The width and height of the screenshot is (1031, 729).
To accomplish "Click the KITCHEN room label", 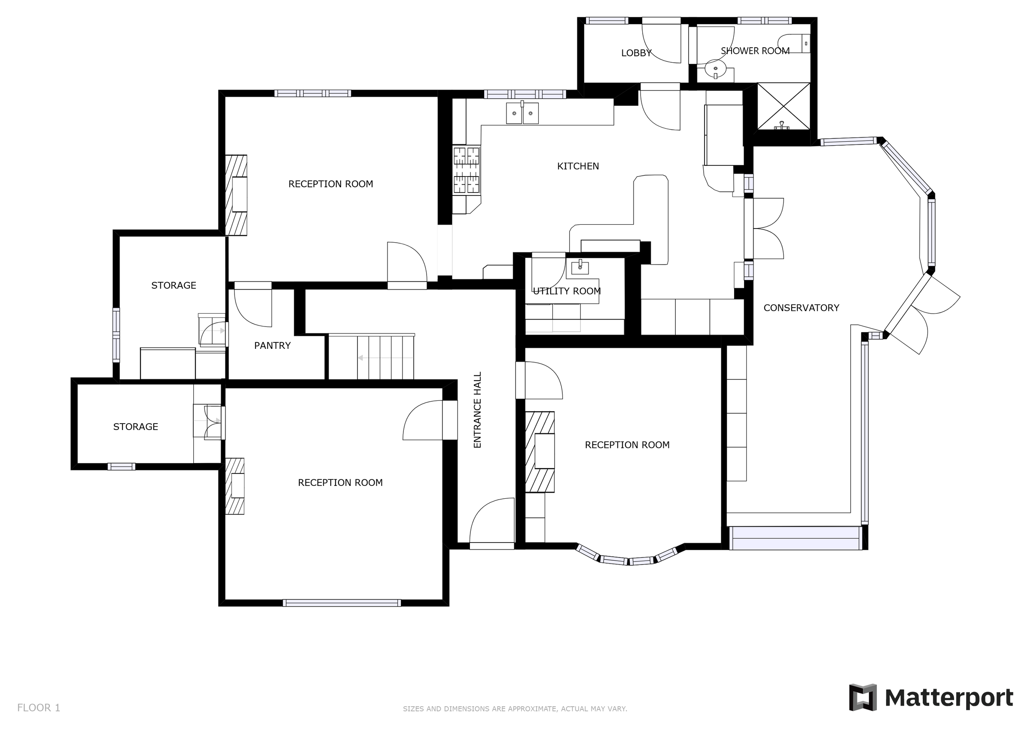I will (577, 166).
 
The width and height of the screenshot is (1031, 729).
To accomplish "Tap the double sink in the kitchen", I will (522, 113).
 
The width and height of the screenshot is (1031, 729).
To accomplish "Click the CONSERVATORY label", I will (801, 308).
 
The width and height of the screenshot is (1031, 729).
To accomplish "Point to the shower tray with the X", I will (784, 107).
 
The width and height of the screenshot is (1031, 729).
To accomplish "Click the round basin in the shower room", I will (715, 69).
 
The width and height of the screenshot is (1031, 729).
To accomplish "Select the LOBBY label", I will (636, 53).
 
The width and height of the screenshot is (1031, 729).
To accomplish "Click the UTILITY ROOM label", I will (567, 291).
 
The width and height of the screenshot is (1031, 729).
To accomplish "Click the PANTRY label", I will (272, 345).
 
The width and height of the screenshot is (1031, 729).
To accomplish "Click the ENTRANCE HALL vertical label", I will (477, 410).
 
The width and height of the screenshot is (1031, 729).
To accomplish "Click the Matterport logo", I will (931, 698).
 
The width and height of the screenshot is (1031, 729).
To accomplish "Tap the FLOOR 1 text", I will (39, 708).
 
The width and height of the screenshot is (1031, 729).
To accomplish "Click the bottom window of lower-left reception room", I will (342, 603).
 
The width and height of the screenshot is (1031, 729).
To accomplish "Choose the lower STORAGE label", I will (135, 427).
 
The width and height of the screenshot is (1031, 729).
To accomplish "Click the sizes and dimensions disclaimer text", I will (515, 709).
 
